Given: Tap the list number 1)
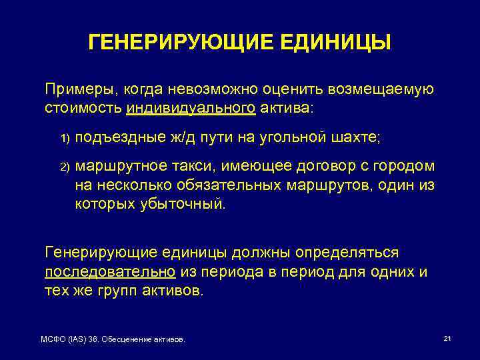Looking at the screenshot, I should coord(65,139).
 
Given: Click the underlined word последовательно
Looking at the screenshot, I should coord(110,273).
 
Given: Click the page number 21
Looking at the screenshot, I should coord(447,339).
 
